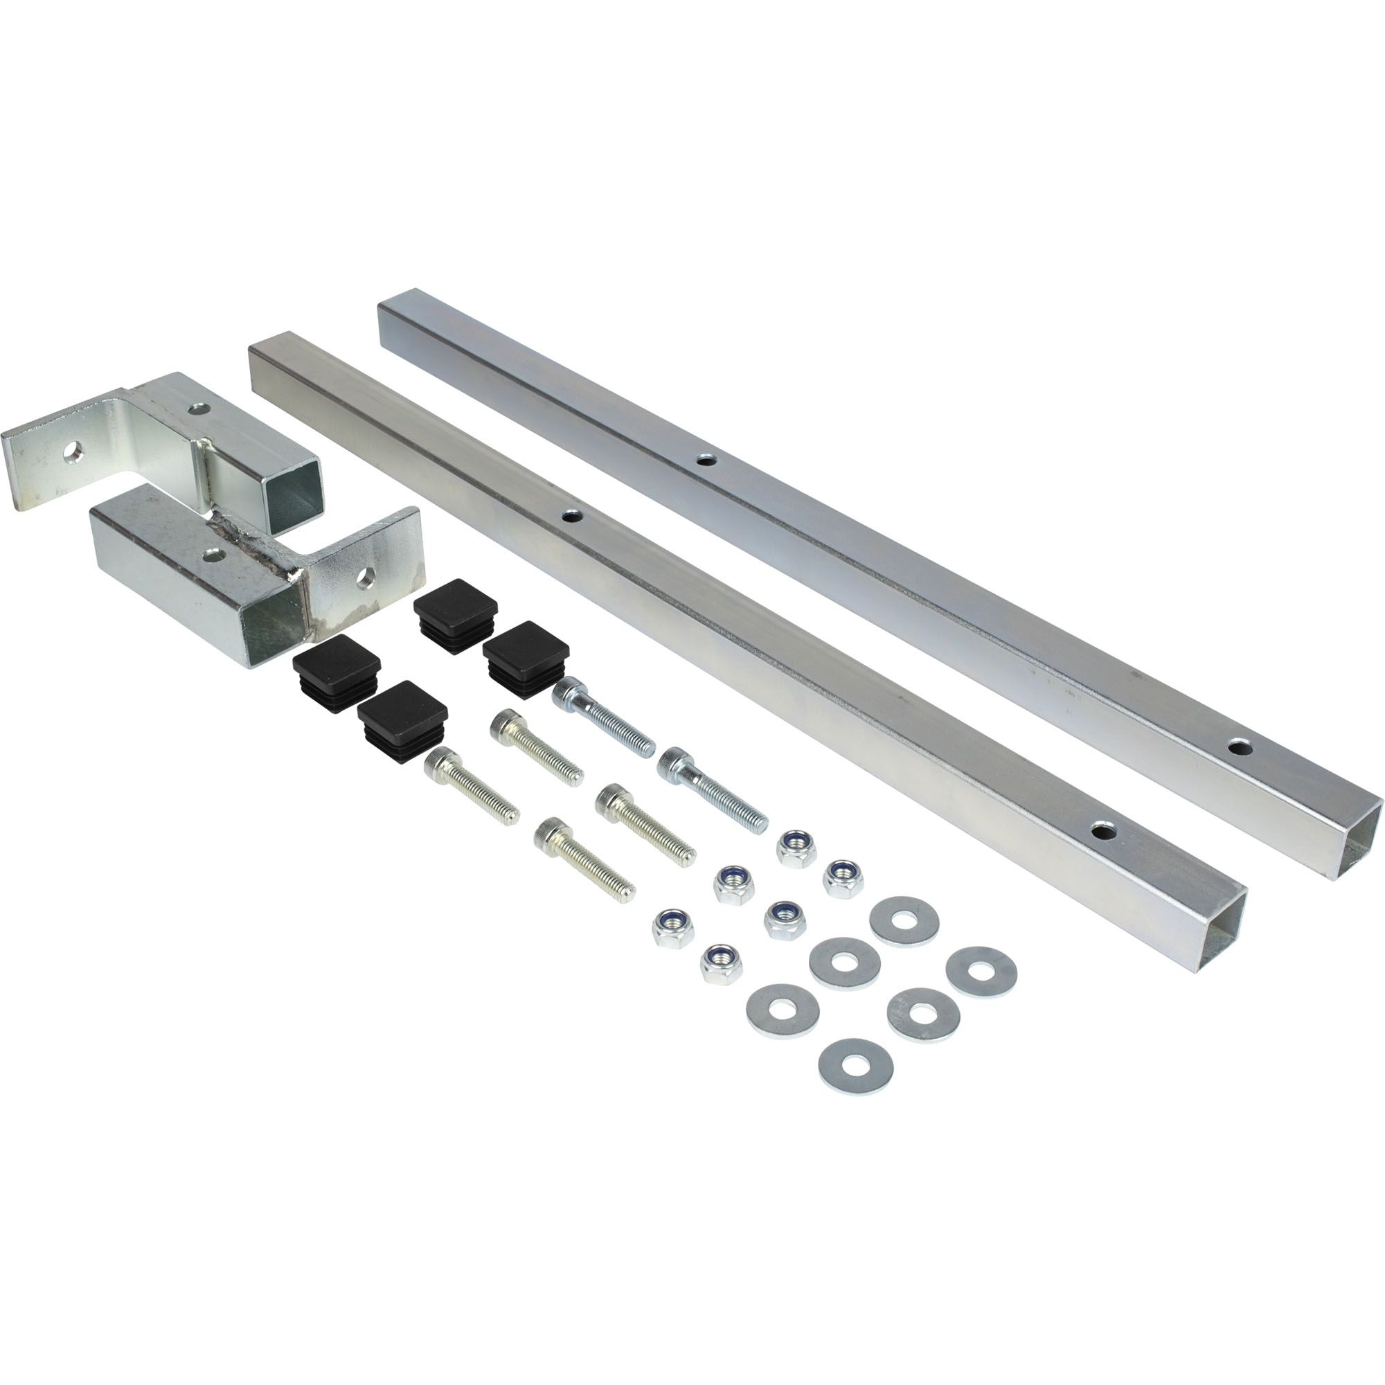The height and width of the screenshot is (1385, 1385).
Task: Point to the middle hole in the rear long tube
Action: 706,460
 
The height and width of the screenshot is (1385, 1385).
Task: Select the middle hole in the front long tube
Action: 571,515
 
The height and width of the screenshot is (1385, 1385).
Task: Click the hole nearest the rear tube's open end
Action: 1240,748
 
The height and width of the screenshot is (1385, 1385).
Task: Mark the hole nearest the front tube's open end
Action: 1104,832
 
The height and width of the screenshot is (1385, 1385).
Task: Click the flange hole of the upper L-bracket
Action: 73,452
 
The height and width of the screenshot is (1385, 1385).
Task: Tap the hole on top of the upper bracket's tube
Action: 199,409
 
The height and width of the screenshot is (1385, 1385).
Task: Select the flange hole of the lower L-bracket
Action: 366,577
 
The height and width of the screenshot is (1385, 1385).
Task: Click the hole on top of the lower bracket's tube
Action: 211,554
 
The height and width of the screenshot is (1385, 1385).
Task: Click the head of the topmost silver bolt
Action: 569,691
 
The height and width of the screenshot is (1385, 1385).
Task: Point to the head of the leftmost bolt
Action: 442,765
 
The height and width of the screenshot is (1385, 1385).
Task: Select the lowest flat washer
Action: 855,1066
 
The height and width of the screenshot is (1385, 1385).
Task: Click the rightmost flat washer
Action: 981,972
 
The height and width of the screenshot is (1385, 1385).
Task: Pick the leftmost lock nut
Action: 672,928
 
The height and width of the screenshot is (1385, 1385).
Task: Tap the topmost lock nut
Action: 796,849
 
